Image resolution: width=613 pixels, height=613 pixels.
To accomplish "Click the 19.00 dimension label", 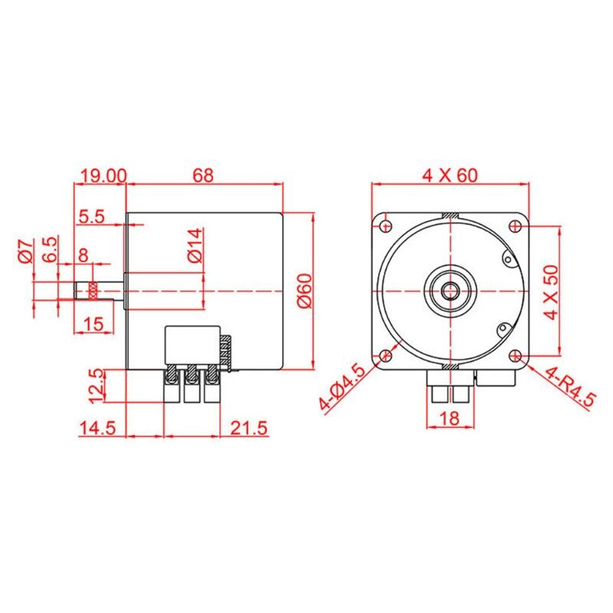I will [103, 175].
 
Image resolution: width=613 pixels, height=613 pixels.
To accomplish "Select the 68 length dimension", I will [202, 175].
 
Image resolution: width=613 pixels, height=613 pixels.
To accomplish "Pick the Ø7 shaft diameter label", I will [26, 252].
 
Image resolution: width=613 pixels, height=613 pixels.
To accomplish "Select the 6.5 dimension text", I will [50, 250].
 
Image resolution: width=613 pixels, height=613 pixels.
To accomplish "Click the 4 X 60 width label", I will [450, 175].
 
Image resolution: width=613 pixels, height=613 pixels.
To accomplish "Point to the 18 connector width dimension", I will [450, 418].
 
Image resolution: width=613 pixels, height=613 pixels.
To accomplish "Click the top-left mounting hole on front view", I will [384, 225].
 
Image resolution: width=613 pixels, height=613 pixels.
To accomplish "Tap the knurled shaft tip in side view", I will [92, 291].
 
